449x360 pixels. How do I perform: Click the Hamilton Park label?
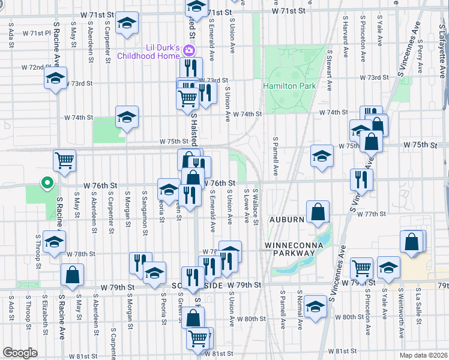point(289,86)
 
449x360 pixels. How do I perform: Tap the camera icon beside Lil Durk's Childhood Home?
point(190,51)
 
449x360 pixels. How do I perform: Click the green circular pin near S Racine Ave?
point(46,183)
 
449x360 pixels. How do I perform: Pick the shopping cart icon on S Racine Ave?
point(64,160)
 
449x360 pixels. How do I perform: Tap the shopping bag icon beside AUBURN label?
point(318,211)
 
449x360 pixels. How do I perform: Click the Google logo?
point(20,353)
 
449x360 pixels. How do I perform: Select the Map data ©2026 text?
point(423,354)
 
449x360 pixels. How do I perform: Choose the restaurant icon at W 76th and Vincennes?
point(361,179)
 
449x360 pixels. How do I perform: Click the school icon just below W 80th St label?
point(315,307)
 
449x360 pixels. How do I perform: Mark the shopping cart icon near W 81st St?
point(199,337)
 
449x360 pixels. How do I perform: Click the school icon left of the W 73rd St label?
point(55,79)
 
